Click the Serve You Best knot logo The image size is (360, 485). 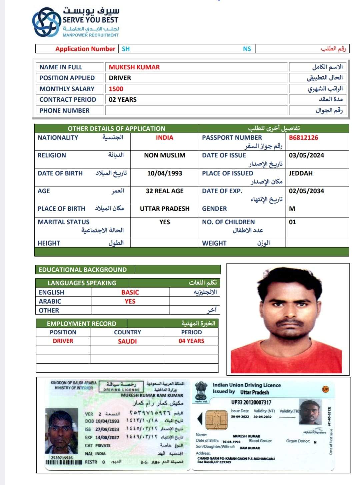(47, 22)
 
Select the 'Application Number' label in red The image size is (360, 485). (85, 49)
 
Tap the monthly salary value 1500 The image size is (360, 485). (116, 89)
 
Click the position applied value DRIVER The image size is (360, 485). (120, 78)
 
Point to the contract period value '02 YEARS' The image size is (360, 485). (122, 100)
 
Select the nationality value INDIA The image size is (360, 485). (164, 138)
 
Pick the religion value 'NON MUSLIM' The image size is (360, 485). (164, 155)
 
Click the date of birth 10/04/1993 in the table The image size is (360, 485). (164, 173)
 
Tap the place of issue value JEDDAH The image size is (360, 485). (300, 173)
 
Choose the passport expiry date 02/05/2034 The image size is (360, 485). (306, 191)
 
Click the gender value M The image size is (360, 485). (292, 209)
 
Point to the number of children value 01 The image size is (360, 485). (292, 222)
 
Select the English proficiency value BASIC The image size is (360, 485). (130, 292)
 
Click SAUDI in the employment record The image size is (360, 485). (127, 341)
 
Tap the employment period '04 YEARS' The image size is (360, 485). (191, 341)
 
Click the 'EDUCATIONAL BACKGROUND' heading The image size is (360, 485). (83, 270)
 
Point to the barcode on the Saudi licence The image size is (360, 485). (64, 462)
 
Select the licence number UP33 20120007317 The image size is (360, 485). (251, 402)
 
